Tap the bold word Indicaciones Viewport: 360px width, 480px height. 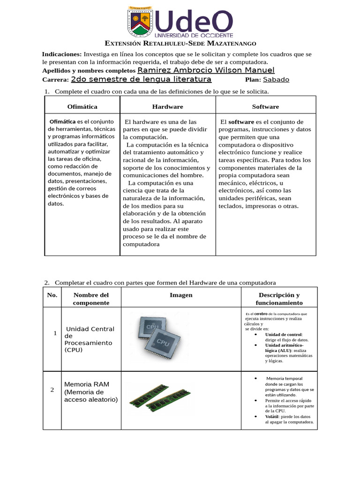tap(62, 54)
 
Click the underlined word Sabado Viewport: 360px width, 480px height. tap(276, 80)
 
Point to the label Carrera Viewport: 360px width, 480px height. tap(55, 80)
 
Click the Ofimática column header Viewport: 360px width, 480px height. tap(82, 107)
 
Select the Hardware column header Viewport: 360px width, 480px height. tap(167, 107)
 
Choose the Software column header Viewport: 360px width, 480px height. tap(265, 107)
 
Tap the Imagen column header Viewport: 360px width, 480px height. tap(181, 295)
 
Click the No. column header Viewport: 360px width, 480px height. tap(52, 295)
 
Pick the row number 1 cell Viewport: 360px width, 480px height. tap(55, 333)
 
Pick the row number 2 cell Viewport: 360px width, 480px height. tap(52, 390)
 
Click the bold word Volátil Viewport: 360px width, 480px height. tap(271, 416)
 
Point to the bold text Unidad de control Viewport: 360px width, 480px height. tap(283, 334)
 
